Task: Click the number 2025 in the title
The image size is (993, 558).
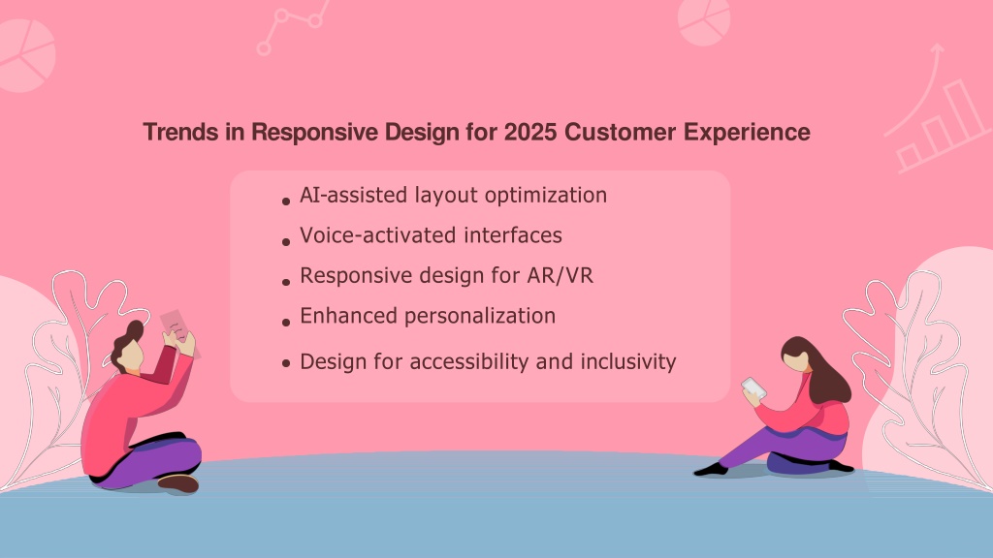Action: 530,132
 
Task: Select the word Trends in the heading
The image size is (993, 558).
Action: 179,132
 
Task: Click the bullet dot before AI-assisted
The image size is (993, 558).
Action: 286,201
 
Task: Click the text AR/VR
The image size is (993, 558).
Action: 560,276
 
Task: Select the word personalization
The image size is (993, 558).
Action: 479,317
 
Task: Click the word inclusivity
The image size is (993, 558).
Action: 628,362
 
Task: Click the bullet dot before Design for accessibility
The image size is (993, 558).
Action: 286,363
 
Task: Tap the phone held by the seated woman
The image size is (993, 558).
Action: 753,387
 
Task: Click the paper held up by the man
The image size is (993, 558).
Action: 180,333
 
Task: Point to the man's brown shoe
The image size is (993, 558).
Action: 178,483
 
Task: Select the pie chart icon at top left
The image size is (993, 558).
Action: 25,55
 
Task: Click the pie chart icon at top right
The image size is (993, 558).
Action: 704,20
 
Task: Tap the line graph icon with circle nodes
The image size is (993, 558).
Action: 293,26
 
